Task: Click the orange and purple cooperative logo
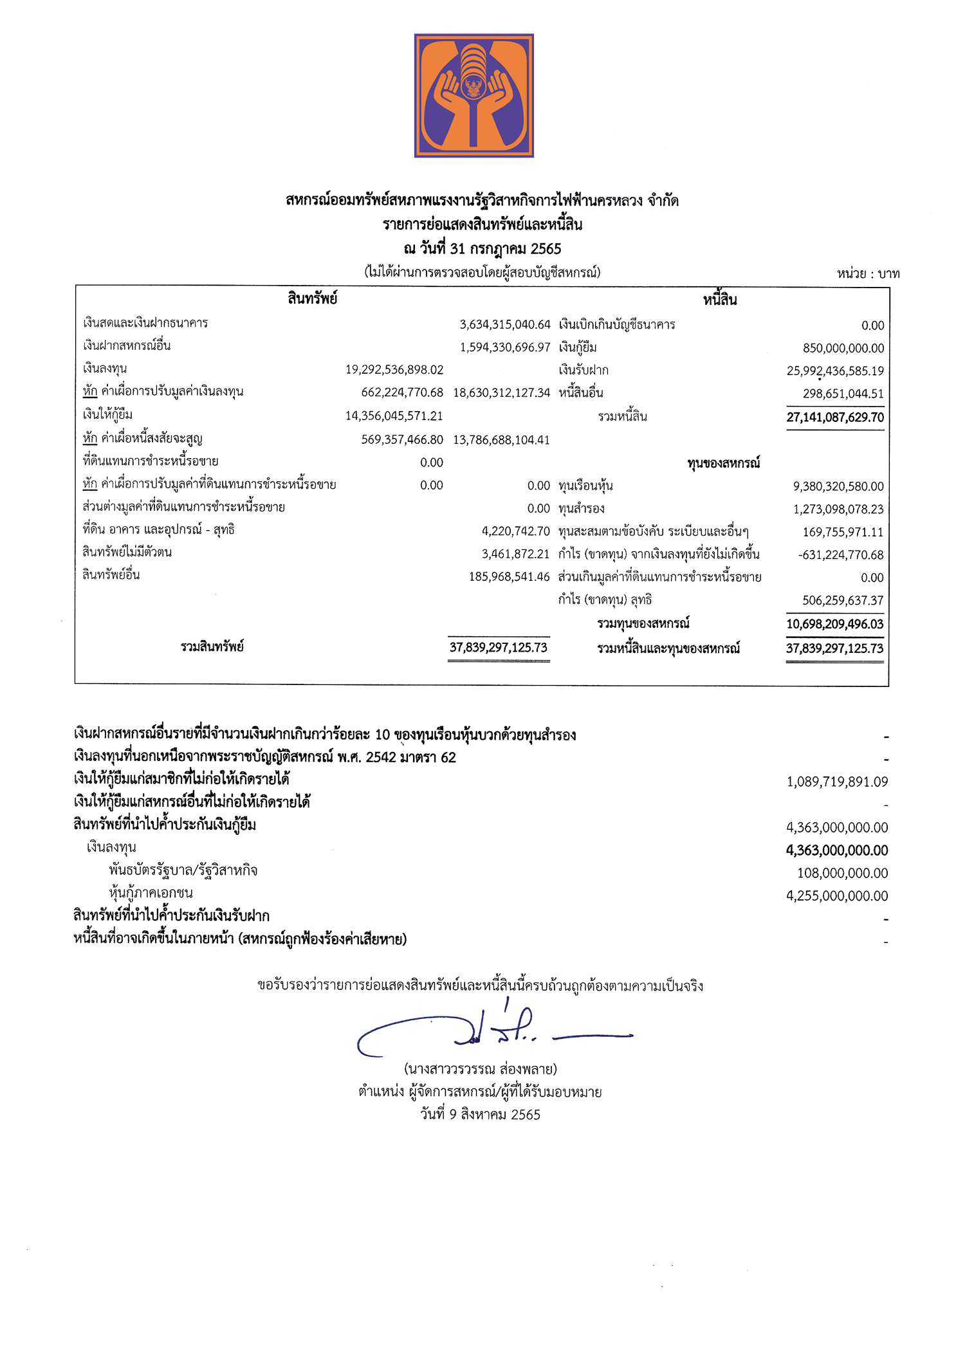473,95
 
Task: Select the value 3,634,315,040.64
505,325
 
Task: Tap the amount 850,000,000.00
843,348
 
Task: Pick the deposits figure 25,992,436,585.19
835,371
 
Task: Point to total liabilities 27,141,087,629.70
835,417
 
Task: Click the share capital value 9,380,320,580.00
838,486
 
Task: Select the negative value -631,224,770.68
841,554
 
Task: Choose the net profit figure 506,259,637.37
843,600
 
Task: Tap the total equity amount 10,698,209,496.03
834,624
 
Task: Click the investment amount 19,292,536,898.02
394,370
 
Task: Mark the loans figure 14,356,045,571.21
394,416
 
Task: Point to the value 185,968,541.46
509,577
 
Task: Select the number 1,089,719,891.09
837,782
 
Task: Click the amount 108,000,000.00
842,873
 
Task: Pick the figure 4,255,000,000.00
837,895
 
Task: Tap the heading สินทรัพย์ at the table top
313,298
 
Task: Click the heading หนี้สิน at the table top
720,300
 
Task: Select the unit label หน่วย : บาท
868,274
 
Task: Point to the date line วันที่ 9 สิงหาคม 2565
481,1114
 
